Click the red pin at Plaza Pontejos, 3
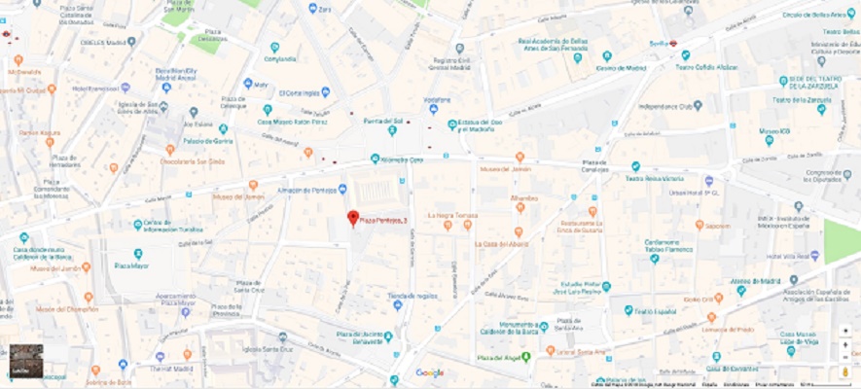click(x=353, y=219)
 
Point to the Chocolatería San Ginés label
click(x=197, y=161)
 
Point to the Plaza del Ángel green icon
click(x=526, y=357)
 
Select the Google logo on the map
click(x=430, y=372)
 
